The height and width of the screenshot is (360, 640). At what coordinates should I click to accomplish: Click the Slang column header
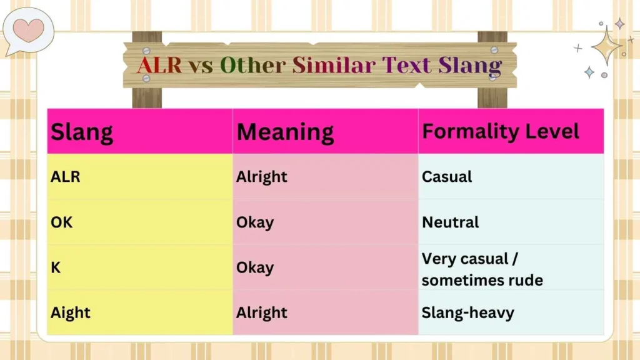[82, 132]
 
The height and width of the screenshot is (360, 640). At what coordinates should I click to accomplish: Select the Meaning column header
[285, 132]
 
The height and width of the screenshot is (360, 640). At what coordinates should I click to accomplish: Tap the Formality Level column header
[501, 132]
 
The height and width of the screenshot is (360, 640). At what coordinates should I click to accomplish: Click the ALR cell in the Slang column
[66, 177]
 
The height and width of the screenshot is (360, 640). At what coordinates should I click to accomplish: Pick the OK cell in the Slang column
[61, 222]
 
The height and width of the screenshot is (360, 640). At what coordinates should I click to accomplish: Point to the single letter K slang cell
[56, 267]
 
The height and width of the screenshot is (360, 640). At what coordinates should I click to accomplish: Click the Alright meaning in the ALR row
[262, 177]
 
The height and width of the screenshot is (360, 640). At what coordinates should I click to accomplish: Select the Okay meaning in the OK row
[255, 222]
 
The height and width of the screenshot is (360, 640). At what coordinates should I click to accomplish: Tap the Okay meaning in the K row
[255, 267]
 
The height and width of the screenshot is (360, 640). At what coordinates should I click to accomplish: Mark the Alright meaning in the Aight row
[262, 312]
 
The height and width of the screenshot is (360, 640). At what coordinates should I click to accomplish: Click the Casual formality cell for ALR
[447, 177]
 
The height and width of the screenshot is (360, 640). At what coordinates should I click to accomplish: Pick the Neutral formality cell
[450, 222]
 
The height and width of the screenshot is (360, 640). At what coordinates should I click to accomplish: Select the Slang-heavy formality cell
[467, 312]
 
